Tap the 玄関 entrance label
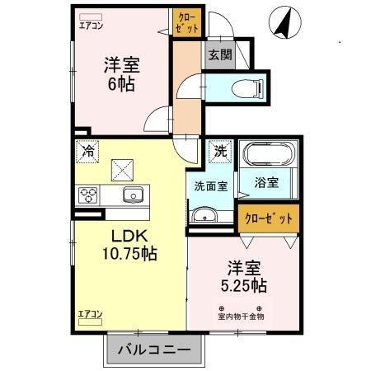click(x=219, y=56)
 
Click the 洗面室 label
click(x=211, y=186)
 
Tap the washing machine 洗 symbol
click(x=220, y=151)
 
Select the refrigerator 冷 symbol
click(x=87, y=151)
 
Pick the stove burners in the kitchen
click(x=88, y=195)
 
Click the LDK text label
click(x=129, y=237)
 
